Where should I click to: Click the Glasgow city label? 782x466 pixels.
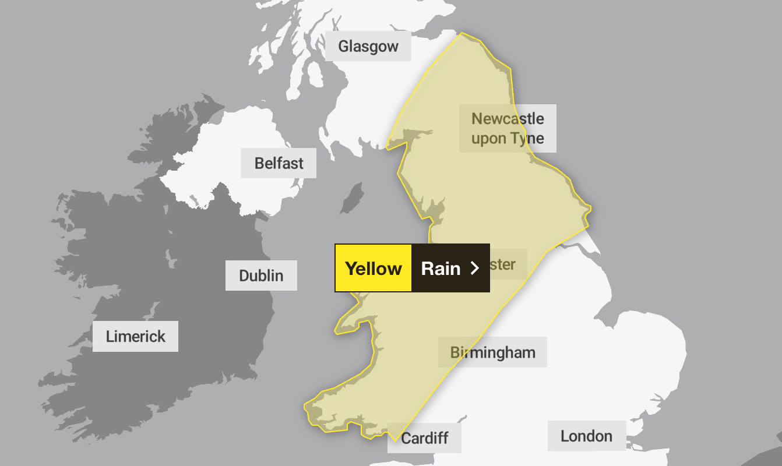[x=368, y=46]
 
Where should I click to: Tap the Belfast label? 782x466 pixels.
[x=279, y=163]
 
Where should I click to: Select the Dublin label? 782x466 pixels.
[x=261, y=276]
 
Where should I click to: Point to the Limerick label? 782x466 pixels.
[x=135, y=336]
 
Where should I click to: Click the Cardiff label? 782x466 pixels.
[x=424, y=438]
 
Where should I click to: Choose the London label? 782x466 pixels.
[x=586, y=436]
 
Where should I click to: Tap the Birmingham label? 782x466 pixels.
[x=492, y=352]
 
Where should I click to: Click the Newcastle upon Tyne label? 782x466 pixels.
[x=508, y=128]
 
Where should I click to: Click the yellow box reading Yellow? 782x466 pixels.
[x=374, y=268]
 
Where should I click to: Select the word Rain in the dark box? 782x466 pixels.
[x=441, y=268]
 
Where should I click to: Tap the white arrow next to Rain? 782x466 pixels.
[x=475, y=268]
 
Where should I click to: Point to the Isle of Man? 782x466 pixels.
[x=351, y=198]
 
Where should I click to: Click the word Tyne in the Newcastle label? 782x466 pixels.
[x=525, y=139]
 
